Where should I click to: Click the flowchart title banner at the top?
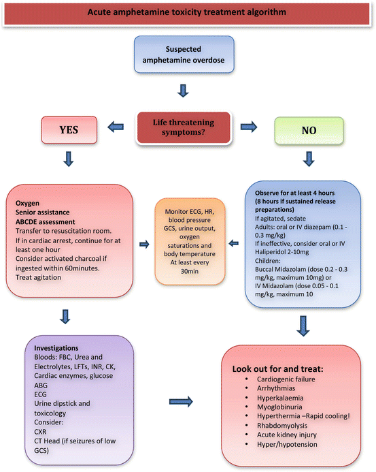tap(188, 12)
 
